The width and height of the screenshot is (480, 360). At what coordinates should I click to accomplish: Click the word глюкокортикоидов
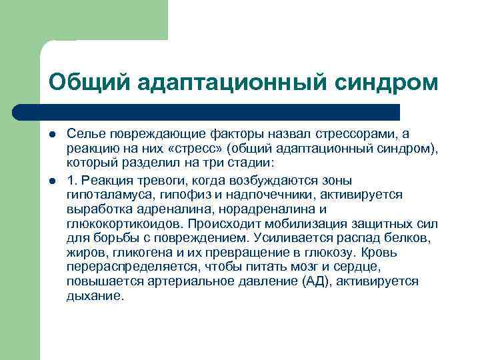point(125,224)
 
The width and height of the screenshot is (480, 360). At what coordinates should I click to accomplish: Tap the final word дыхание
point(95,295)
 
